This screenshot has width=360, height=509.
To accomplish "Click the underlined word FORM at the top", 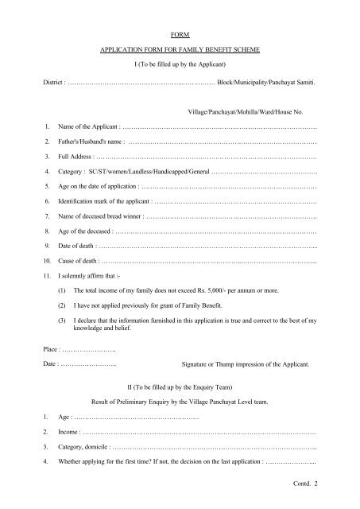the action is point(180,36).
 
